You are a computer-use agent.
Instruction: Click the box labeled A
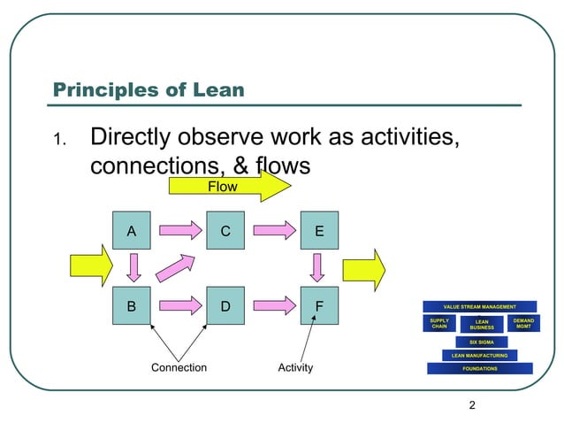click(x=132, y=232)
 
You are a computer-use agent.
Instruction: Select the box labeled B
click(x=132, y=306)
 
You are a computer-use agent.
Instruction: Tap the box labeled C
click(x=226, y=232)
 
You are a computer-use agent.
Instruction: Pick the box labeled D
click(x=226, y=306)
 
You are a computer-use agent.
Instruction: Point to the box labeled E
click(x=319, y=232)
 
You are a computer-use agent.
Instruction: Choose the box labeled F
click(x=319, y=306)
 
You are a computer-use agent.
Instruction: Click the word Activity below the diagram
click(x=295, y=367)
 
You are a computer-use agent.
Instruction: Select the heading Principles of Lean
click(x=149, y=89)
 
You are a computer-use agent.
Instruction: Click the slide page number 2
click(x=472, y=405)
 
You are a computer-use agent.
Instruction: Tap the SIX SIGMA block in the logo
click(x=481, y=342)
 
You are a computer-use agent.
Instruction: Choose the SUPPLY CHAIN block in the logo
click(x=439, y=324)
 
